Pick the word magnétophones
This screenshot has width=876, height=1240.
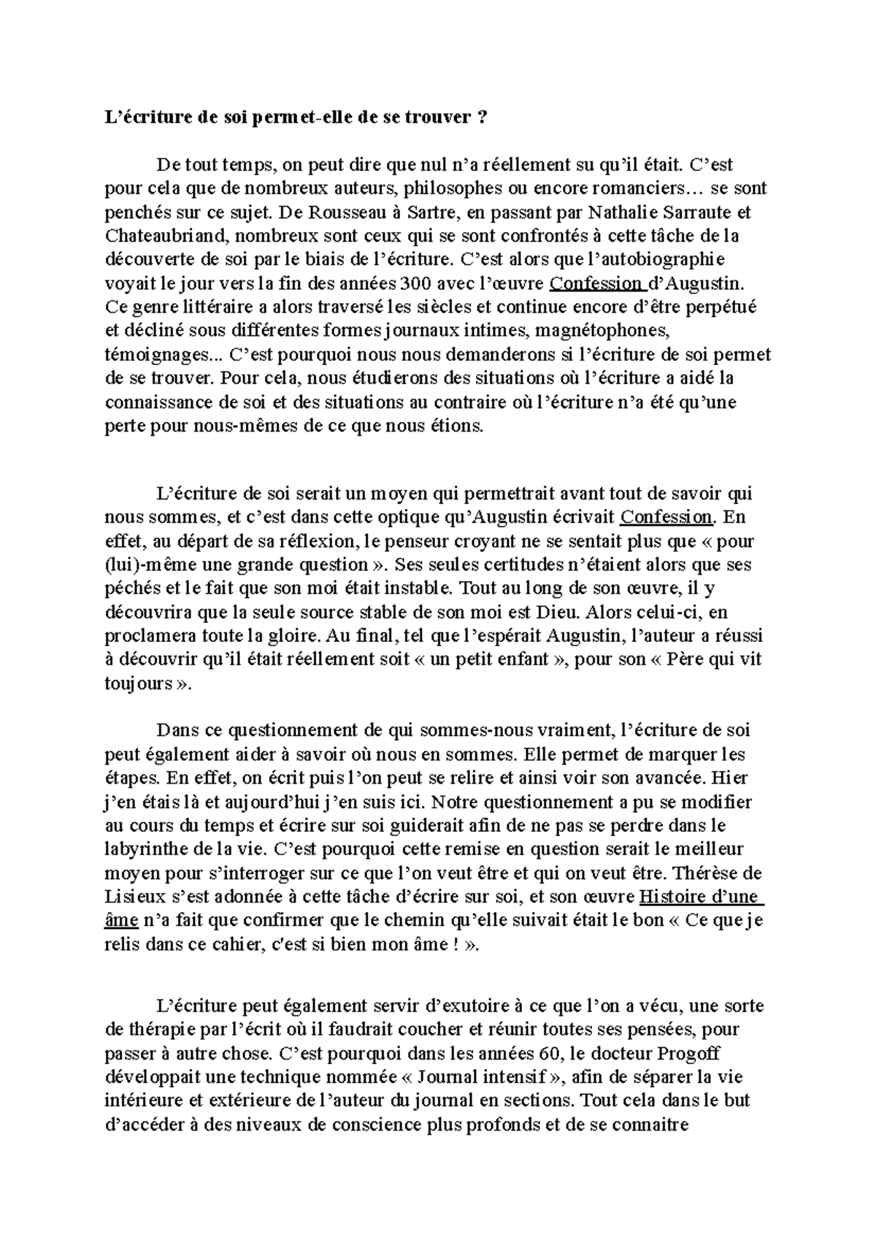[x=602, y=331]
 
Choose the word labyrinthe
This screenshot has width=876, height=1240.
[x=147, y=849]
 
